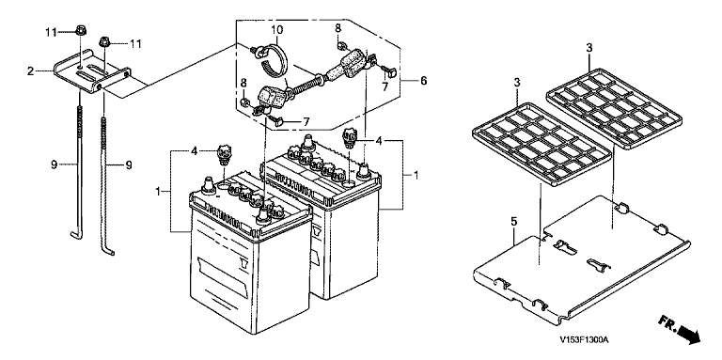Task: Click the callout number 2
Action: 30,71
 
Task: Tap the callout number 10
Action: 276,30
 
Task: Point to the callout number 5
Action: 514,222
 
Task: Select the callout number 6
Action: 423,81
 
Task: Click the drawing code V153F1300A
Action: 585,340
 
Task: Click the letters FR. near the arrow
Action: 667,323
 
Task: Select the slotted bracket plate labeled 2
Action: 92,73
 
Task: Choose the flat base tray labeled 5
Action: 581,258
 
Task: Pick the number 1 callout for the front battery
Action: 158,191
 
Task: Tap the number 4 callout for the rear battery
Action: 379,140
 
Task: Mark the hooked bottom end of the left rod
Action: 76,236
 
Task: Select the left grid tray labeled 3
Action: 542,144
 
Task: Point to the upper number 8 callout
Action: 338,28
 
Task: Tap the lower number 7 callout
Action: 305,122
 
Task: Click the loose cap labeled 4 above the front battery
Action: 225,156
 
